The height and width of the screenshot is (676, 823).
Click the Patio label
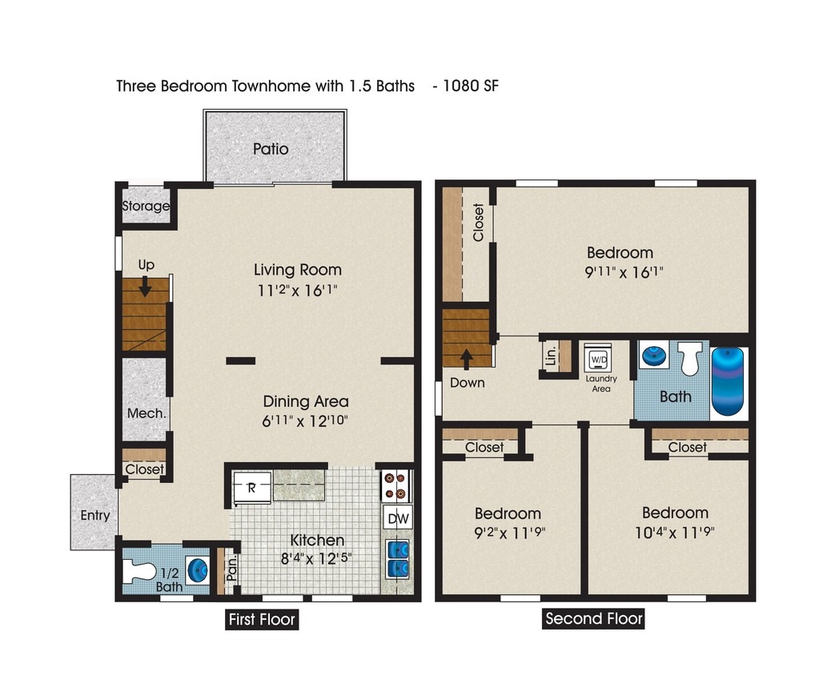tap(271, 149)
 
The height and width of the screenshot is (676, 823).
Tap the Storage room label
tap(146, 206)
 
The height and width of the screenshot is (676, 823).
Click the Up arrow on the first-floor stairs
tap(145, 286)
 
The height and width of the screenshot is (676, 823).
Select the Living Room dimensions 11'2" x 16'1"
tap(298, 291)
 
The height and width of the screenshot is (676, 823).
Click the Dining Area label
tap(306, 401)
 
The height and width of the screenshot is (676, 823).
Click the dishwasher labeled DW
tap(398, 519)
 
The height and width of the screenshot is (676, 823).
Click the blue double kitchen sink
tap(398, 558)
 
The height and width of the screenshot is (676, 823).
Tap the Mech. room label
tap(147, 413)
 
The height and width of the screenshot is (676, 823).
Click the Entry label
tap(94, 515)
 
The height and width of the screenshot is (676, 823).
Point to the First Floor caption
tap(261, 619)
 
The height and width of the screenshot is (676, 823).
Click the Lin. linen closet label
tap(551, 356)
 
